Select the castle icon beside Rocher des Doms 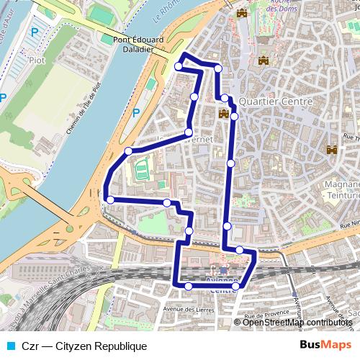tap(241, 14)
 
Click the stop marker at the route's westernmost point tap(110, 200)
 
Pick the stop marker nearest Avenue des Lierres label tap(189, 287)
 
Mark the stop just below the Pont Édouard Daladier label tap(179, 66)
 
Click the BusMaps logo tap(325, 345)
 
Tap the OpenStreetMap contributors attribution tap(297, 322)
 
